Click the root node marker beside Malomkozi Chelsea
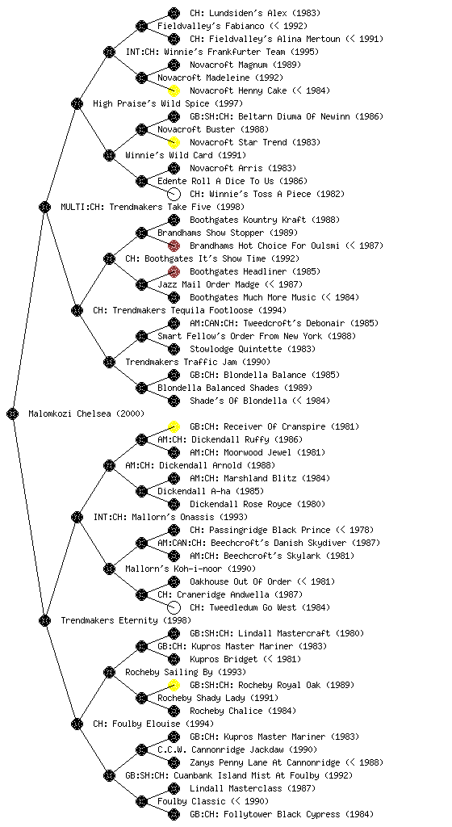(13, 413)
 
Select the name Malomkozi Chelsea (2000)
(86, 413)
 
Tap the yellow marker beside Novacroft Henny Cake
(174, 90)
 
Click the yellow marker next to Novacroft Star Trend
(174, 142)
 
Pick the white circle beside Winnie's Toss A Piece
(174, 194)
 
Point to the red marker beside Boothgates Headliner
(174, 271)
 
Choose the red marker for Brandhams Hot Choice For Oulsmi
(174, 246)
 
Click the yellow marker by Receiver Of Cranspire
(174, 426)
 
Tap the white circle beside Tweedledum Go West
(174, 607)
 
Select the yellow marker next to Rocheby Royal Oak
(174, 685)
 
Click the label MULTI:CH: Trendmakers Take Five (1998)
(153, 207)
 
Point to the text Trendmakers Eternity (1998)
(126, 620)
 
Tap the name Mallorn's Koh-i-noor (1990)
(190, 569)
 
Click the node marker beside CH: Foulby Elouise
(77, 724)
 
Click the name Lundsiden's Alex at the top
(255, 13)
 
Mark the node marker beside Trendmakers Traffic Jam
(109, 362)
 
